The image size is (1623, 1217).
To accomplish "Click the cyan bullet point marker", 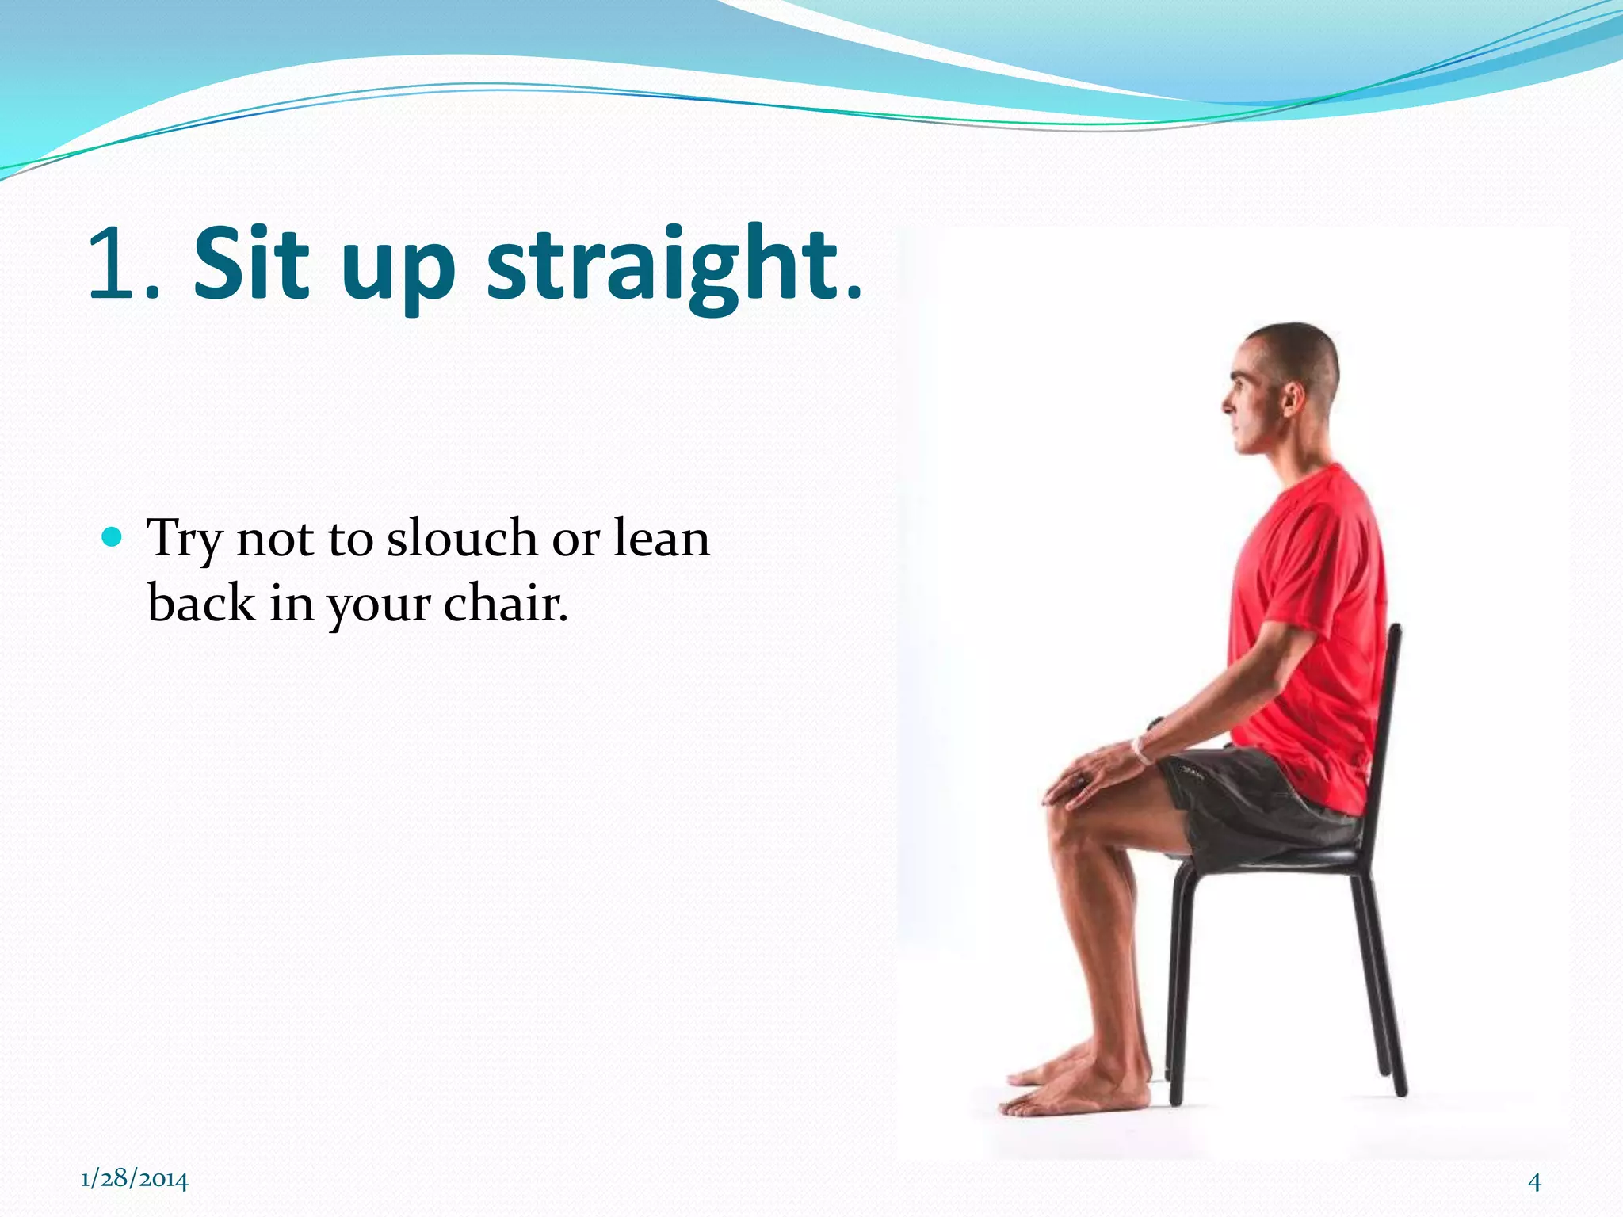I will [113, 538].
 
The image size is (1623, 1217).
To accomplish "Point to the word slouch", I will [462, 539].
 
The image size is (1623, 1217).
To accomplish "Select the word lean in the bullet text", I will [662, 539].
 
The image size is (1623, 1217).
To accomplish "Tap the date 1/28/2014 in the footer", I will [135, 1179].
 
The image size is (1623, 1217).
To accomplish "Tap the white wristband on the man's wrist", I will [1141, 750].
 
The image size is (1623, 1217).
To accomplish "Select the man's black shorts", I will [1252, 800].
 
